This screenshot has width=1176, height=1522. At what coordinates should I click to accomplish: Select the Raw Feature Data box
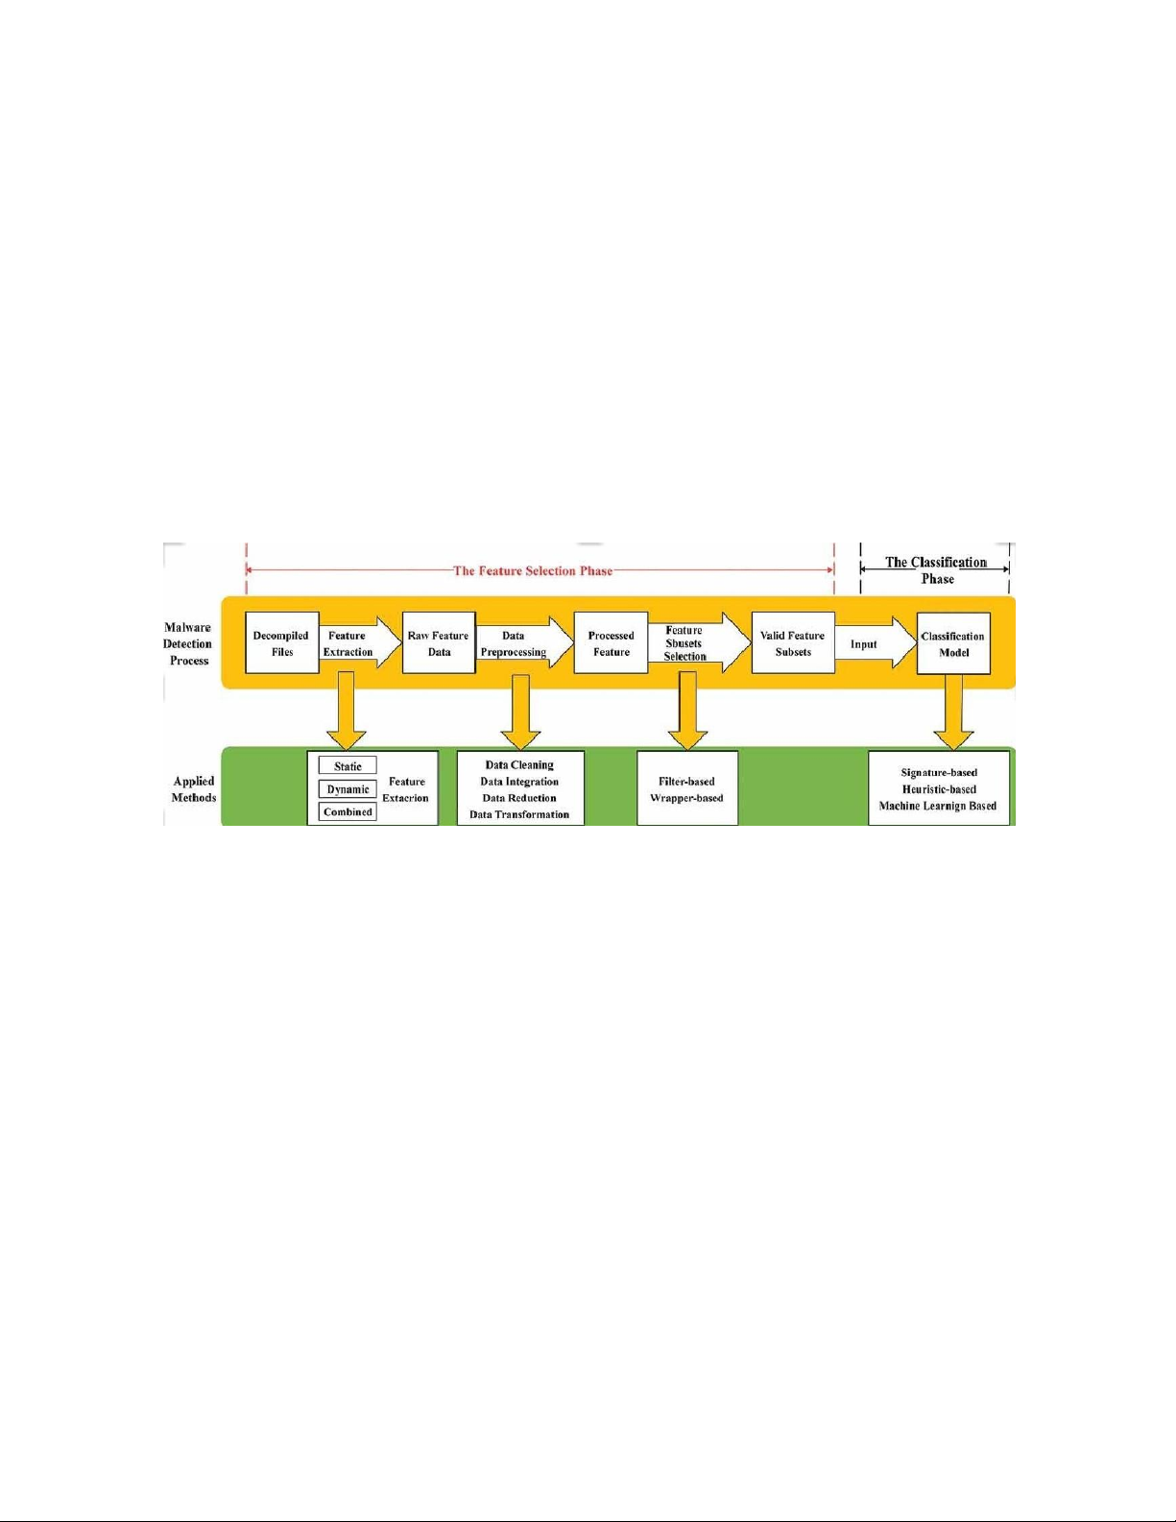(439, 643)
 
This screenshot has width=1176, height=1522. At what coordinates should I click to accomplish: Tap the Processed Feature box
(612, 643)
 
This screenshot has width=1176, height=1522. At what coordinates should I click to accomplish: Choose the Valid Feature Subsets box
(793, 643)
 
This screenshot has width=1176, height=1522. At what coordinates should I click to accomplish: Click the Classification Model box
(953, 643)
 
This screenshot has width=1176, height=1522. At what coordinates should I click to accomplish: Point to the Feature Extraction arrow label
(348, 643)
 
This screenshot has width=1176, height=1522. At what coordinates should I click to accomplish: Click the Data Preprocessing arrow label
(513, 643)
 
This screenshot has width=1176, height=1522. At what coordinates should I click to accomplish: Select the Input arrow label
(864, 644)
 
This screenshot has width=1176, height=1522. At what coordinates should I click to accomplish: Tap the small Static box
(348, 765)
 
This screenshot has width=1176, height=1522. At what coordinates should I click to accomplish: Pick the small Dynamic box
(348, 789)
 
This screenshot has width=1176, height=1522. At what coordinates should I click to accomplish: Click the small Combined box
(348, 811)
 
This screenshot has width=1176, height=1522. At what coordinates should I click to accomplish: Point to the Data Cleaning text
(519, 765)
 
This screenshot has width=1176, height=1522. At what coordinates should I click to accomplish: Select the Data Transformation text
(519, 814)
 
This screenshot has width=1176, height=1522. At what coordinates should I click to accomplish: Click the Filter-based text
(686, 782)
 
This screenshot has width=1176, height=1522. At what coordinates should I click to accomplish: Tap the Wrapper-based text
(686, 798)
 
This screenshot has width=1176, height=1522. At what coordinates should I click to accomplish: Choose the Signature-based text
(939, 773)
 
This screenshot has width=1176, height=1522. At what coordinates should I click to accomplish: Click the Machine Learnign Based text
(938, 807)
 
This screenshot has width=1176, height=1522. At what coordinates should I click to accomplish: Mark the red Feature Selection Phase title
(533, 570)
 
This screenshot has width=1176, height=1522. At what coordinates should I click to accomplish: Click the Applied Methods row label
(194, 789)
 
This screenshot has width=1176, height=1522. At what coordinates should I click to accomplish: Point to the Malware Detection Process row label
(187, 643)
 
